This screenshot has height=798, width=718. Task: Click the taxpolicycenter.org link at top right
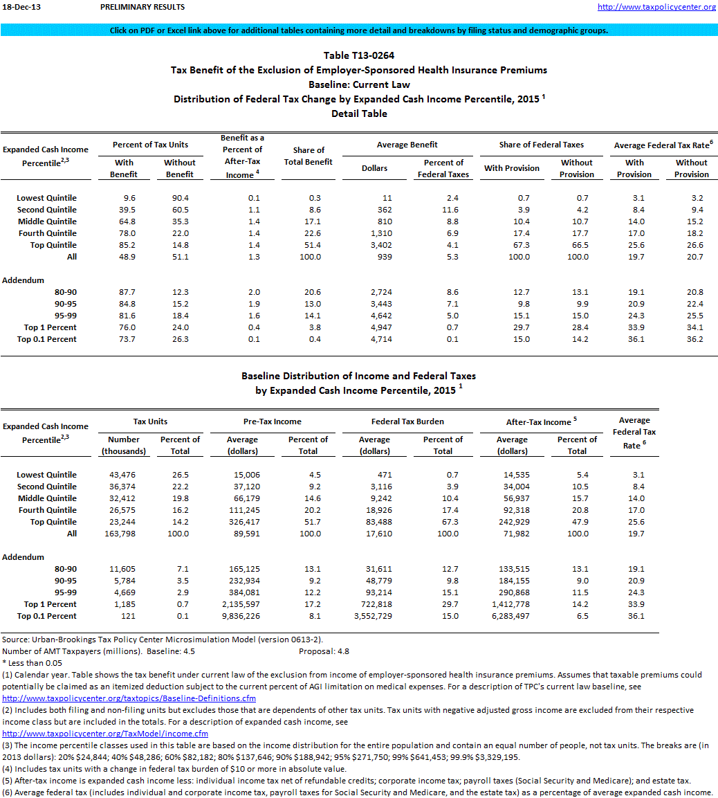click(x=656, y=7)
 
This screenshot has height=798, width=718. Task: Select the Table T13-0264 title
click(x=359, y=55)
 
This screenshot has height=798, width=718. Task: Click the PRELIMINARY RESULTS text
click(x=142, y=7)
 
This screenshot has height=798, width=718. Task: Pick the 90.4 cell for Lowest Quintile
click(x=179, y=198)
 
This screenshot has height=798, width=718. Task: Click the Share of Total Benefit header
click(x=309, y=156)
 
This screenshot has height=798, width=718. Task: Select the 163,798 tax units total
click(x=124, y=534)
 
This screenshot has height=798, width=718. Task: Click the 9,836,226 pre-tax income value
click(x=241, y=616)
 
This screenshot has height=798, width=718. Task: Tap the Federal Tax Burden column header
click(x=407, y=421)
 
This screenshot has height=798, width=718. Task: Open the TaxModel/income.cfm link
click(x=105, y=734)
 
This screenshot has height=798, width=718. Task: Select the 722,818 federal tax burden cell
click(x=374, y=604)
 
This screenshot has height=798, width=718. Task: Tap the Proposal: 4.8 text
click(x=325, y=651)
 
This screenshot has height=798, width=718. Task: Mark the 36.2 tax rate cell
click(x=692, y=339)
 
